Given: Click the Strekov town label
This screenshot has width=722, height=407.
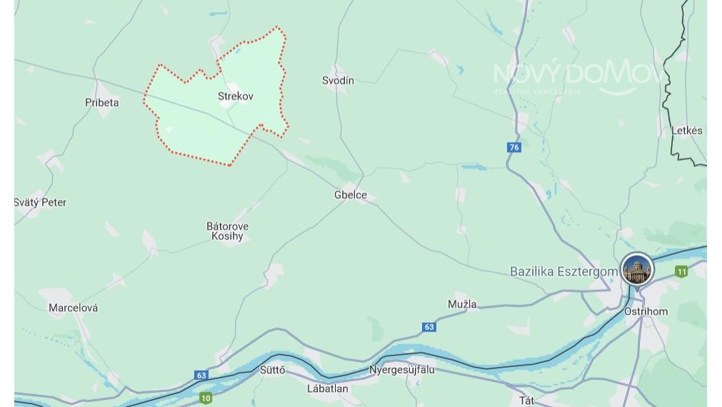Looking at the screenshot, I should (235, 96).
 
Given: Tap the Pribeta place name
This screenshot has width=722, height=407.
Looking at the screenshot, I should (102, 102).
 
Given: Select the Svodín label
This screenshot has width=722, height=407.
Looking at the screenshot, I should (338, 81).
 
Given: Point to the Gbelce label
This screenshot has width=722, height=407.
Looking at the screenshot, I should (351, 195).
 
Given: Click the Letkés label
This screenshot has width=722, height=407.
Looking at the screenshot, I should (686, 131).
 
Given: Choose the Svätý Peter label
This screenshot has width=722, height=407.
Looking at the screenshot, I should (41, 203).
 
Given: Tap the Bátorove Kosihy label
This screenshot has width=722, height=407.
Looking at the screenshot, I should (228, 231).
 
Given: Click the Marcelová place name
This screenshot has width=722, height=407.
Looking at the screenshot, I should (73, 308).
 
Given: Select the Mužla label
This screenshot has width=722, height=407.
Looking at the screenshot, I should (462, 304).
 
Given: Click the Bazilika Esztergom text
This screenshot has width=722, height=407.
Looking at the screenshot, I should (563, 271).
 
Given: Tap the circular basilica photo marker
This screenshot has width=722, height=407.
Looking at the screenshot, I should (637, 270).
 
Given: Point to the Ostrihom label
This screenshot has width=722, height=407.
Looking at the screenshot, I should (646, 311).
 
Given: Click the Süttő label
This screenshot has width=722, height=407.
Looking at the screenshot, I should (272, 370).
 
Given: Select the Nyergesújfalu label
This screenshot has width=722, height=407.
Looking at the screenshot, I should (401, 370).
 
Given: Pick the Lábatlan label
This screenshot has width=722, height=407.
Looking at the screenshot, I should (328, 388).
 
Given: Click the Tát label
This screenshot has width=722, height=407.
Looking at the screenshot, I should (526, 401).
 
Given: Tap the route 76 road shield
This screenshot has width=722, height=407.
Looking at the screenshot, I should (514, 147).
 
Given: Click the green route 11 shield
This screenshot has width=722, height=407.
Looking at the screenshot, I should (681, 271).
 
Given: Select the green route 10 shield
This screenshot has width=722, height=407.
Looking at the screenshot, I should (206, 398).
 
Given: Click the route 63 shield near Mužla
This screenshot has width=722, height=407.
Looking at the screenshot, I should (428, 327).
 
